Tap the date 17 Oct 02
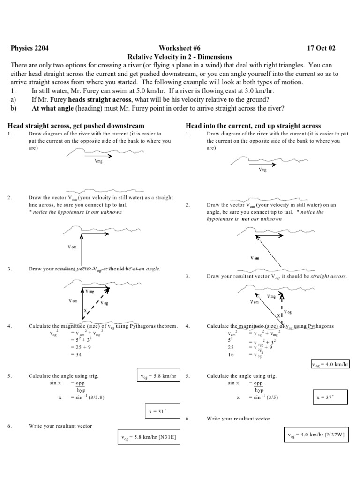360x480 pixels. coord(321,48)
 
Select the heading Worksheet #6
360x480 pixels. coord(180,48)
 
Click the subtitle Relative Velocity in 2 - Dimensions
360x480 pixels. coord(180,56)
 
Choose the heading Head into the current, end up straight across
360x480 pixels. coord(253,126)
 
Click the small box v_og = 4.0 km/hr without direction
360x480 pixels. coord(330,364)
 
